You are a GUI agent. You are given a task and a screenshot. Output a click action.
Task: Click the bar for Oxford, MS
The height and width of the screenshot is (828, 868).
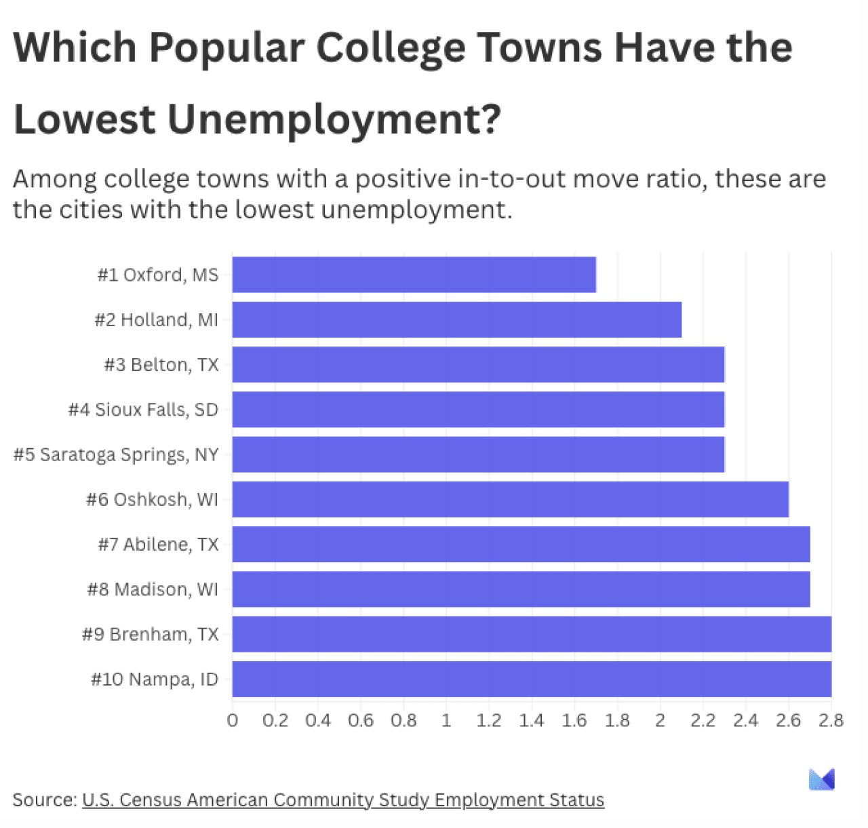[414, 275]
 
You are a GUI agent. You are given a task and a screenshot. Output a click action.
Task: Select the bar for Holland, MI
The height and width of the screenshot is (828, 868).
[456, 319]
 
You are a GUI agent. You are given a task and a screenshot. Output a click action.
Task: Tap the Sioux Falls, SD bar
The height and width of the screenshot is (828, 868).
[478, 410]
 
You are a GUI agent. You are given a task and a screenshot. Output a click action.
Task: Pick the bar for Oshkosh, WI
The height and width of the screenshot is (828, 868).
[510, 500]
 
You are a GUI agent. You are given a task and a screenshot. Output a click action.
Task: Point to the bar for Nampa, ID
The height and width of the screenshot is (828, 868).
[532, 679]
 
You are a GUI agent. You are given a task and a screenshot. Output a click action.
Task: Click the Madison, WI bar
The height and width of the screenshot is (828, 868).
[521, 589]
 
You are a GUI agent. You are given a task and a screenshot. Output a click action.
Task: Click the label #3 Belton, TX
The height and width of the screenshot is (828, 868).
[161, 365]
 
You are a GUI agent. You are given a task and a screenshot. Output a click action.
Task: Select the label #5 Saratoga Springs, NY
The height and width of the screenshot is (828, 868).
[116, 454]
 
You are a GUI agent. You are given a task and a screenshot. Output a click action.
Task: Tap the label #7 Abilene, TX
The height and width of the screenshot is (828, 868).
[159, 545]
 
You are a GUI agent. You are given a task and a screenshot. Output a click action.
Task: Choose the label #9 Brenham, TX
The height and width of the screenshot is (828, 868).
[151, 635]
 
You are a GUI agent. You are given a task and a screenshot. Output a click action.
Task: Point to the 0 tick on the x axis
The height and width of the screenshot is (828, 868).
[233, 720]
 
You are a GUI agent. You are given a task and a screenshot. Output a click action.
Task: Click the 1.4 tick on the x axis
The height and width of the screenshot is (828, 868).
[531, 720]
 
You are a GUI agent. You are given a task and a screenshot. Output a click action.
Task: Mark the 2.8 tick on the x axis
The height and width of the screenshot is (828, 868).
[831, 720]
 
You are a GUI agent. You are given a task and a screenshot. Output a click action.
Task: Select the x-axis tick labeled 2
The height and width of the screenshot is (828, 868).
[660, 720]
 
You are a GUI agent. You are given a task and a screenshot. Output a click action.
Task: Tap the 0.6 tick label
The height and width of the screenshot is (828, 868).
[361, 720]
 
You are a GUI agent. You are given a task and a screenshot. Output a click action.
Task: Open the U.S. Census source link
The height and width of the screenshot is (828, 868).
[342, 800]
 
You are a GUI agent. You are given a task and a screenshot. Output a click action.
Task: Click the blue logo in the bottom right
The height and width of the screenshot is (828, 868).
[822, 780]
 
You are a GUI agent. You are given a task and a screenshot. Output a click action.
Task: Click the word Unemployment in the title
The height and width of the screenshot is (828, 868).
[334, 119]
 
